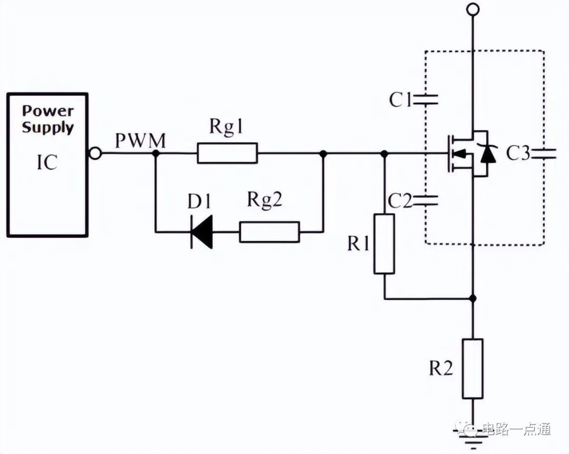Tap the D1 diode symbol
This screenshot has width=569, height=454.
click(x=201, y=231)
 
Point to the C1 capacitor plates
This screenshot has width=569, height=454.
click(x=425, y=100)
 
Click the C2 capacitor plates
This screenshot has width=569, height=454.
click(x=425, y=200)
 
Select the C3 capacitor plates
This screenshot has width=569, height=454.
click(x=543, y=154)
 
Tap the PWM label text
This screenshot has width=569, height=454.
click(x=141, y=141)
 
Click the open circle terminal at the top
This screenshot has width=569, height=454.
click(x=473, y=9)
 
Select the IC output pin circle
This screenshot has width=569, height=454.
click(x=95, y=153)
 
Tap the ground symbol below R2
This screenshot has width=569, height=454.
click(x=472, y=437)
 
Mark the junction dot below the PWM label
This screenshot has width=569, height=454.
click(x=155, y=153)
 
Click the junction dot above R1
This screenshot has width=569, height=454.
click(x=385, y=154)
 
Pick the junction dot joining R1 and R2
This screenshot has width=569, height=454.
click(x=473, y=298)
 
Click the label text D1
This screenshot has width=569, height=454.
click(x=199, y=201)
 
